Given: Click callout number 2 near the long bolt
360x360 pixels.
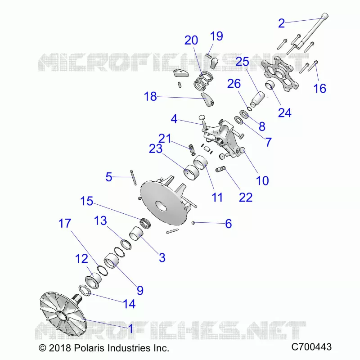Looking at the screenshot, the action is (282, 23).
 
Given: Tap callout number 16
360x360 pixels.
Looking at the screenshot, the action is (319, 88).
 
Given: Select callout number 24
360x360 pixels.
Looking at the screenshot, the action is (285, 113).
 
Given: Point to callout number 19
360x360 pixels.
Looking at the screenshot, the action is (216, 36).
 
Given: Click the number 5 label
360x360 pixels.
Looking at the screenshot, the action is (109, 177).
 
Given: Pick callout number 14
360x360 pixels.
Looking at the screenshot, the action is (129, 304).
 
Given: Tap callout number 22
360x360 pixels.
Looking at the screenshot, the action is (246, 197).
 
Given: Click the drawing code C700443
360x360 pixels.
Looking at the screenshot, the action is (311, 347).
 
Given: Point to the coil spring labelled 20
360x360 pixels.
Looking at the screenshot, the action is (203, 82).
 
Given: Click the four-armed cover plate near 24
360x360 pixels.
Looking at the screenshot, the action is (280, 73).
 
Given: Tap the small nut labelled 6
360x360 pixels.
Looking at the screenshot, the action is (193, 222).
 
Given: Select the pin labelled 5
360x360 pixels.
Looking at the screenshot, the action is (133, 177).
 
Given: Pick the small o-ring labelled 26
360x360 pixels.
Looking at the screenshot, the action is (250, 108).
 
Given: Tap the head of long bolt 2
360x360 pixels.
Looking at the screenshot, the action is (324, 17).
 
